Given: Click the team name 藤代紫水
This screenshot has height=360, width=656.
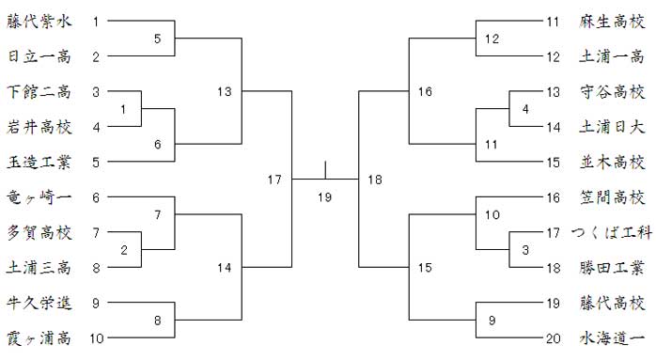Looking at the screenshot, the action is click(39, 21).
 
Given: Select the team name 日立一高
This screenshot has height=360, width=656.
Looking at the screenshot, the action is click(39, 56).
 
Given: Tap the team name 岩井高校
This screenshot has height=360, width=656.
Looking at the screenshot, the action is click(39, 126).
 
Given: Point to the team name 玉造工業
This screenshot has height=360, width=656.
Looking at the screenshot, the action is click(39, 162).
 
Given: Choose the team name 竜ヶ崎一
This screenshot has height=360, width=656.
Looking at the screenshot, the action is click(39, 196).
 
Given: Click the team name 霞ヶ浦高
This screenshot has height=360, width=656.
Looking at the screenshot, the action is click(39, 337).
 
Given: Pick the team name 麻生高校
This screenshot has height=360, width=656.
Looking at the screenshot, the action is click(612, 21).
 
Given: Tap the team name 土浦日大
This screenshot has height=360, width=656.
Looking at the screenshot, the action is click(612, 126).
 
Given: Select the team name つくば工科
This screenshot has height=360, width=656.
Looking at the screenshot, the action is click(611, 232).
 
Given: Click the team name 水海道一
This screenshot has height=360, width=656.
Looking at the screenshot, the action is click(612, 337).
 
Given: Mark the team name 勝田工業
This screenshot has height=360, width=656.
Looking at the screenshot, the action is click(612, 267).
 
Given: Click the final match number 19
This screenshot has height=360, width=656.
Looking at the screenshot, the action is click(324, 196).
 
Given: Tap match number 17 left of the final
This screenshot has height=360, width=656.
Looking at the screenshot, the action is click(274, 180).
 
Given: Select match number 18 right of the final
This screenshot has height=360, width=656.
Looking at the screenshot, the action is click(375, 180).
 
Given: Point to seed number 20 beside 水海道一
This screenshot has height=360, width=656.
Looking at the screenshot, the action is click(553, 337).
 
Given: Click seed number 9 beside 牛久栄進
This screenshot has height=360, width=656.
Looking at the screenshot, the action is click(96, 303).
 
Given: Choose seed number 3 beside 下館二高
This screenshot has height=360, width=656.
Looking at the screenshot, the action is click(96, 91).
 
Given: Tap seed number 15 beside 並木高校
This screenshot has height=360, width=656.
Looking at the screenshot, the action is click(553, 162).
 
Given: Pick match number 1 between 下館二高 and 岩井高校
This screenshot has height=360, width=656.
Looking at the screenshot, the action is click(123, 109).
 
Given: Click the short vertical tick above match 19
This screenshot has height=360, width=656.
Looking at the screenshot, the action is click(325, 170).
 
